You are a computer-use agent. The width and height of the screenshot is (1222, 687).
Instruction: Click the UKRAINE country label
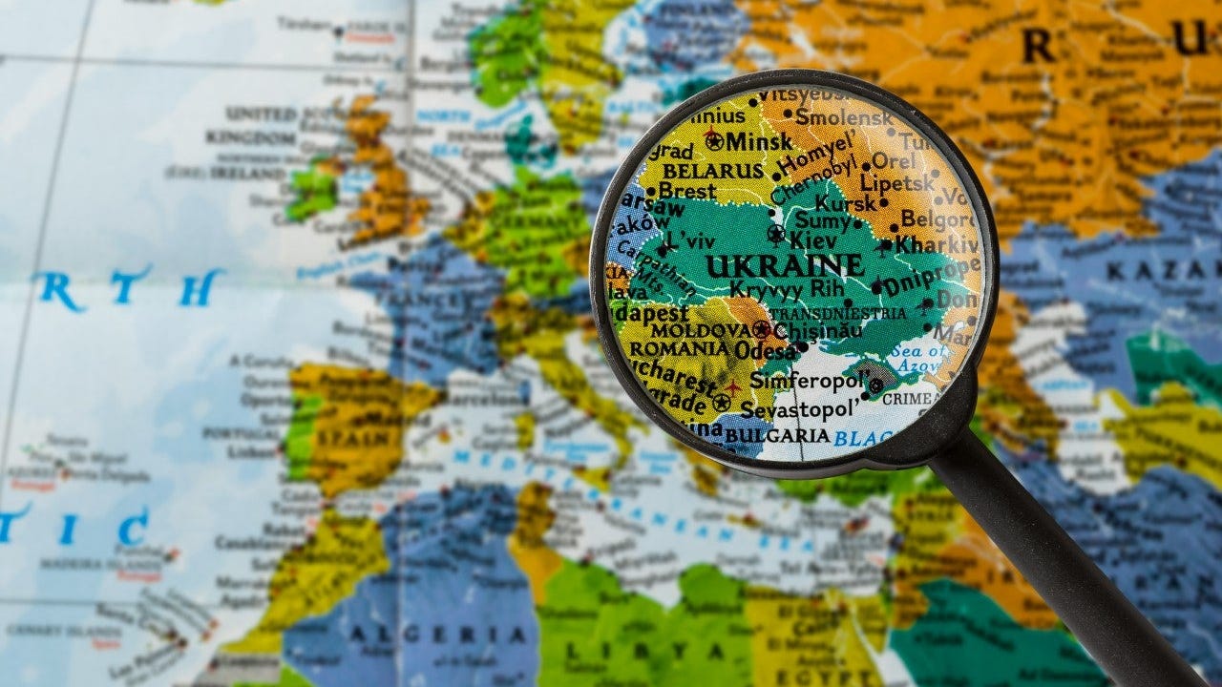(x=785, y=264)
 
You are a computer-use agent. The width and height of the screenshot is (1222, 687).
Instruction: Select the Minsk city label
(x=758, y=142)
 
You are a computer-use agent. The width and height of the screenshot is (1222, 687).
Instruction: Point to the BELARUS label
(x=712, y=170)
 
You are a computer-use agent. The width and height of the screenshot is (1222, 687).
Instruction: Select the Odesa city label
(x=766, y=350)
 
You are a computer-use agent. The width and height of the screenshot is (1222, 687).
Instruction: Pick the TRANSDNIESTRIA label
(x=837, y=313)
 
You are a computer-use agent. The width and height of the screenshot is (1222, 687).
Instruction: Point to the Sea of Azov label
(x=918, y=358)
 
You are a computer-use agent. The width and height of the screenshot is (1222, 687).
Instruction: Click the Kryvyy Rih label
(x=786, y=288)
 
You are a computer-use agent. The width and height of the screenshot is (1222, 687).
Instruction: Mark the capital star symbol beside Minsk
(x=713, y=139)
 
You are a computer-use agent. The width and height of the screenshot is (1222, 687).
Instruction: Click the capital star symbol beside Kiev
(x=775, y=234)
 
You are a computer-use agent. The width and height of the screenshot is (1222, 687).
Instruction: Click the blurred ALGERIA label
(x=458, y=634)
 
